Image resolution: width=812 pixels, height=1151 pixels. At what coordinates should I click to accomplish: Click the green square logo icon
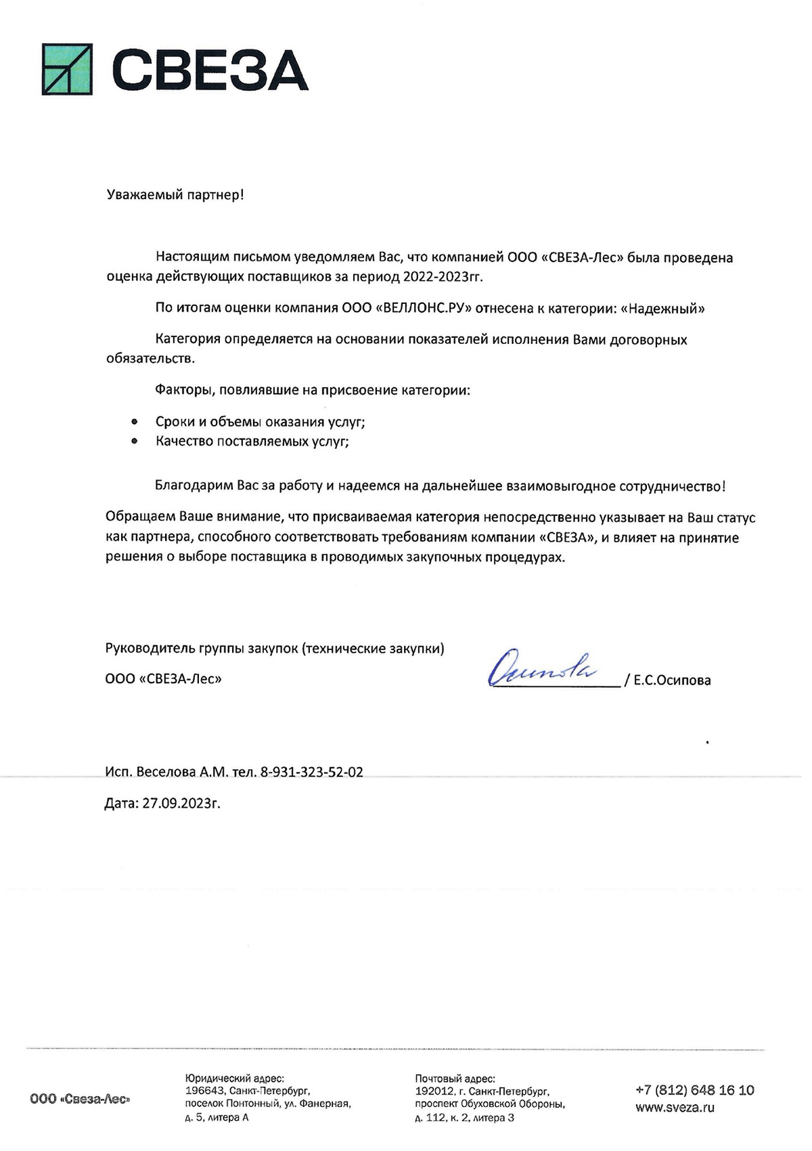(67, 69)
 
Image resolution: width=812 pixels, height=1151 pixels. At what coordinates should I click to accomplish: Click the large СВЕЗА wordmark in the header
(210, 70)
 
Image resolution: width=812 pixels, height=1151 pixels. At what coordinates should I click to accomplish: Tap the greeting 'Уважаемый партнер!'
(175, 195)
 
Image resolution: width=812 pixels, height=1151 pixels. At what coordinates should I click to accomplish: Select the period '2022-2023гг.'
(443, 276)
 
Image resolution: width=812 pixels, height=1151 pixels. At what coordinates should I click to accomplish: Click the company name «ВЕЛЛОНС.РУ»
(425, 308)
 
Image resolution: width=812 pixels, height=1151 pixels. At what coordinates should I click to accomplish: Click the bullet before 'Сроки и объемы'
(135, 422)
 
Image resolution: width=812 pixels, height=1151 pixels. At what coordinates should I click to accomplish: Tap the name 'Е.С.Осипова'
(672, 680)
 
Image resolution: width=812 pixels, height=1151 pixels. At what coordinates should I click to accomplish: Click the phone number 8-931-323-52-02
(311, 772)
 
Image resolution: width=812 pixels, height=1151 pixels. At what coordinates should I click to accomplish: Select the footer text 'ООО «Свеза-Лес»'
(80, 1100)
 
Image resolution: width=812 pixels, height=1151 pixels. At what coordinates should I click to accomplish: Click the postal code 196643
(205, 1091)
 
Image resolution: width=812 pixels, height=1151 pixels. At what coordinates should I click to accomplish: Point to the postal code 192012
(434, 1091)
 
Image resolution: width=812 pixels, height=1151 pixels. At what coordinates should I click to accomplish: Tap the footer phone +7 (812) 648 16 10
(695, 1090)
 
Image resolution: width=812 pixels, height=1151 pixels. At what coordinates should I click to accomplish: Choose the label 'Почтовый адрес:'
(455, 1079)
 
